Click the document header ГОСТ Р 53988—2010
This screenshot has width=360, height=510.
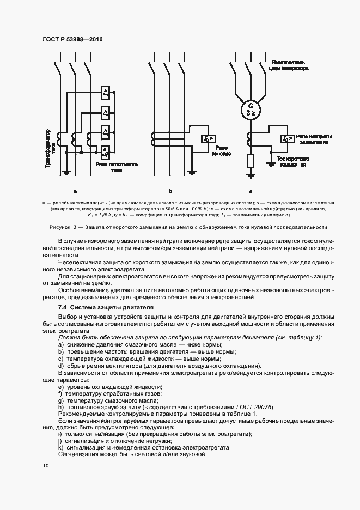click(72, 40)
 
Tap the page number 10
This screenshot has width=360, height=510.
click(45, 466)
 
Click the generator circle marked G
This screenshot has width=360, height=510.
click(251, 109)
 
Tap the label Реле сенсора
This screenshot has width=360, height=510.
click(222, 151)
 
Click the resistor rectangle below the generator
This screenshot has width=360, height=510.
click(251, 160)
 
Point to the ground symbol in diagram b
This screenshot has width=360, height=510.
click(192, 173)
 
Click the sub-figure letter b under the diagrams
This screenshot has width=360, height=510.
click(170, 191)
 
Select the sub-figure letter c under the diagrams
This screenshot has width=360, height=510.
click(251, 191)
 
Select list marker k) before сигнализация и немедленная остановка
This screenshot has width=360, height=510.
click(60, 447)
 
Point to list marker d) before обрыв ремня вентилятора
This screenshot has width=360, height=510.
click(60, 365)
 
